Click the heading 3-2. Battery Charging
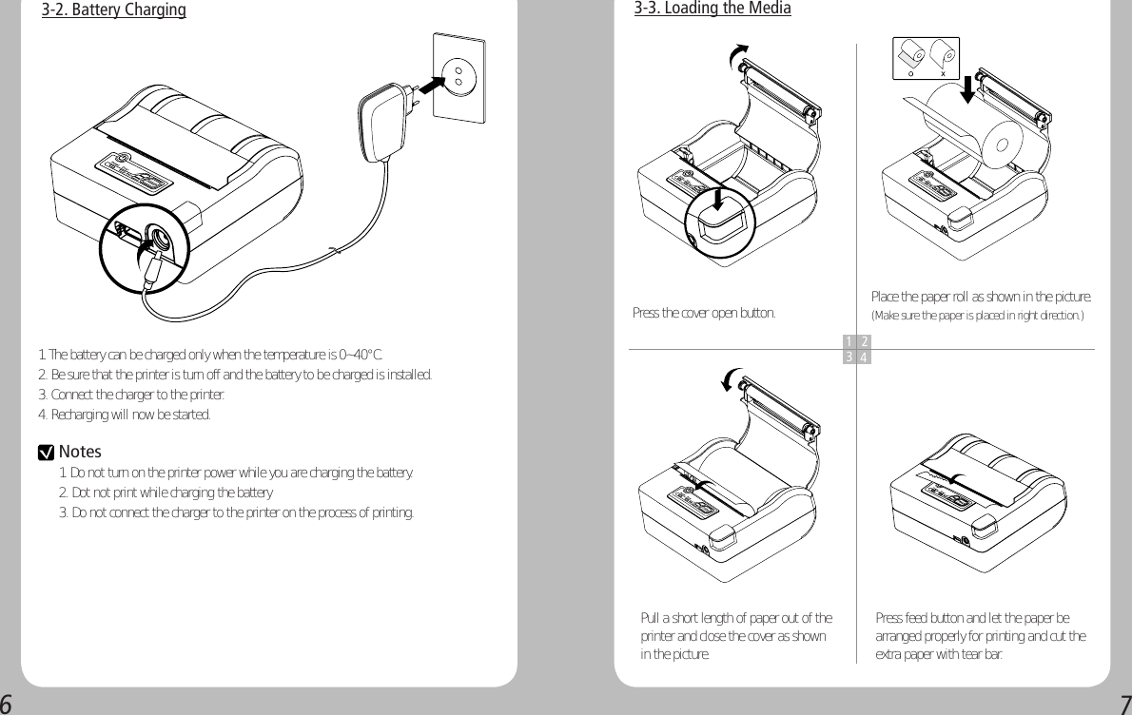(113, 11)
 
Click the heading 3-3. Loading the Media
(712, 9)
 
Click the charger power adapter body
(381, 121)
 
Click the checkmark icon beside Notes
(44, 453)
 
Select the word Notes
(80, 452)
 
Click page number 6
(7, 704)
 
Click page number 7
(1124, 704)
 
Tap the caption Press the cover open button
(704, 313)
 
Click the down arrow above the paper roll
(966, 87)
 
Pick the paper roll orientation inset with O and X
(925, 58)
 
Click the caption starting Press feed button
(980, 636)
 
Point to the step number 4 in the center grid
(863, 357)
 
